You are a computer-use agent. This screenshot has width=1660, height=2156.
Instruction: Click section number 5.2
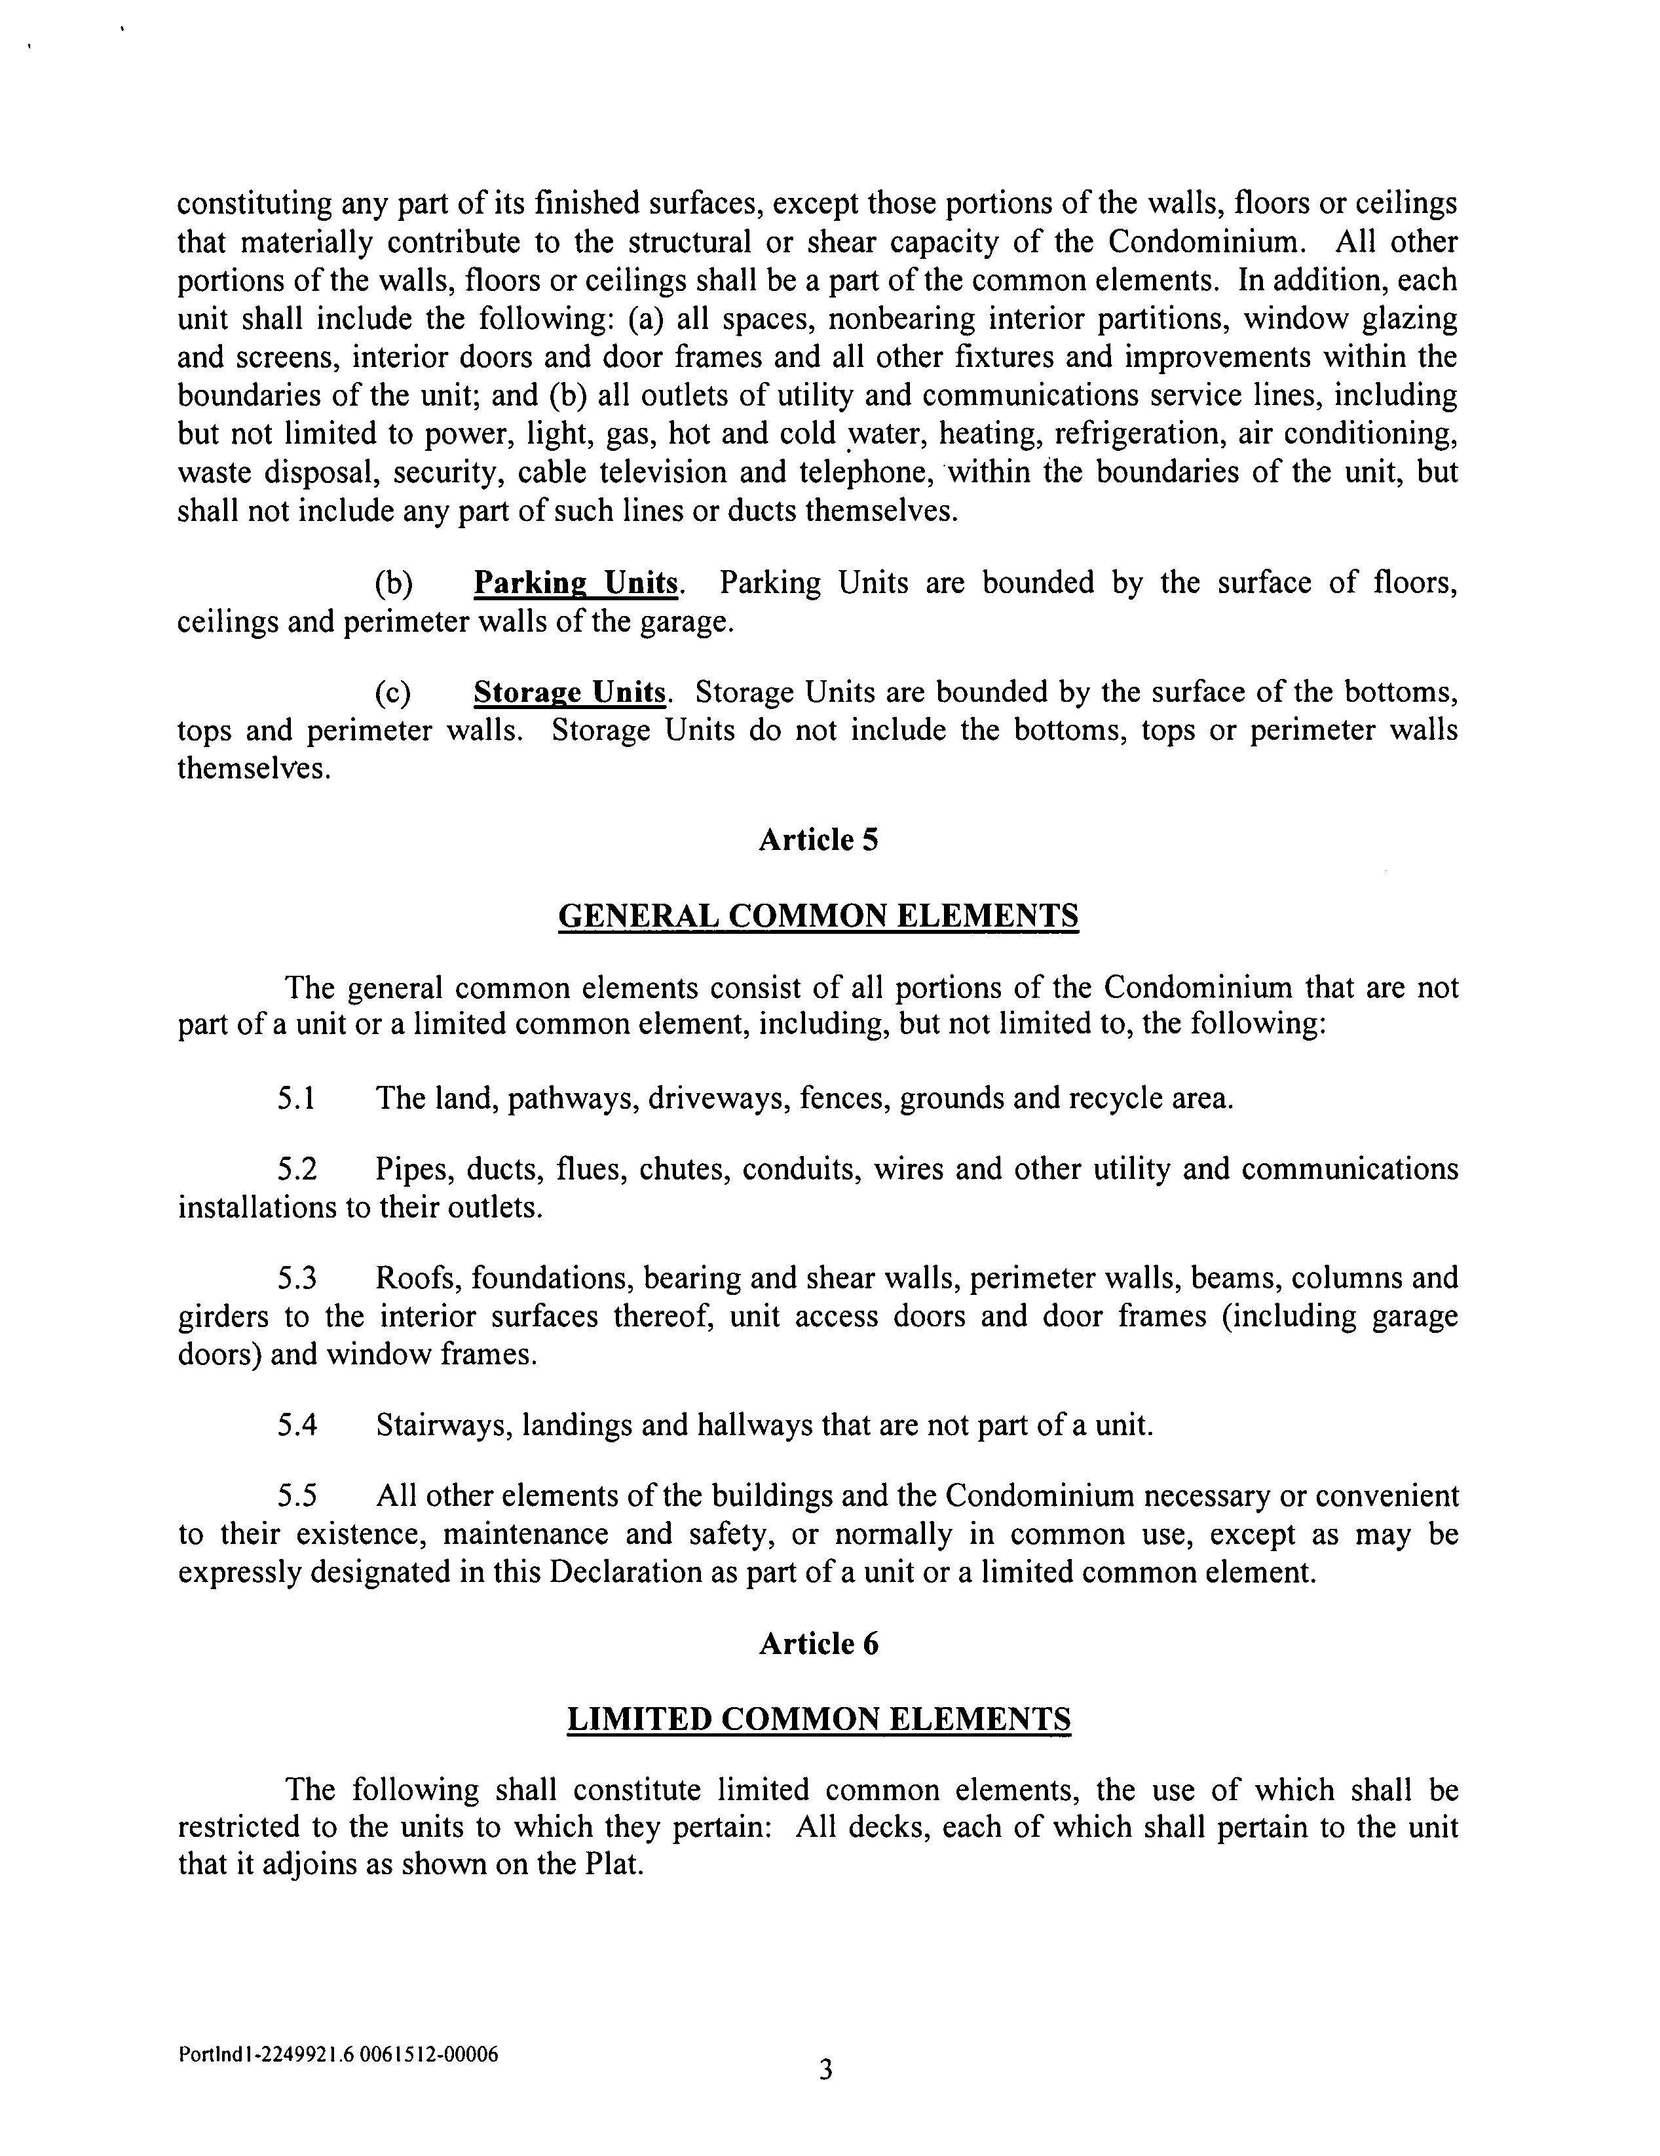tap(296, 1169)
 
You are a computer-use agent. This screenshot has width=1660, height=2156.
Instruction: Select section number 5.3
tap(296, 1279)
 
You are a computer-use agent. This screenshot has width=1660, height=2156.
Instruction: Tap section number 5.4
tap(296, 1425)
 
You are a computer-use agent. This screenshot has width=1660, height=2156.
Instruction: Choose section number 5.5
tap(296, 1497)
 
